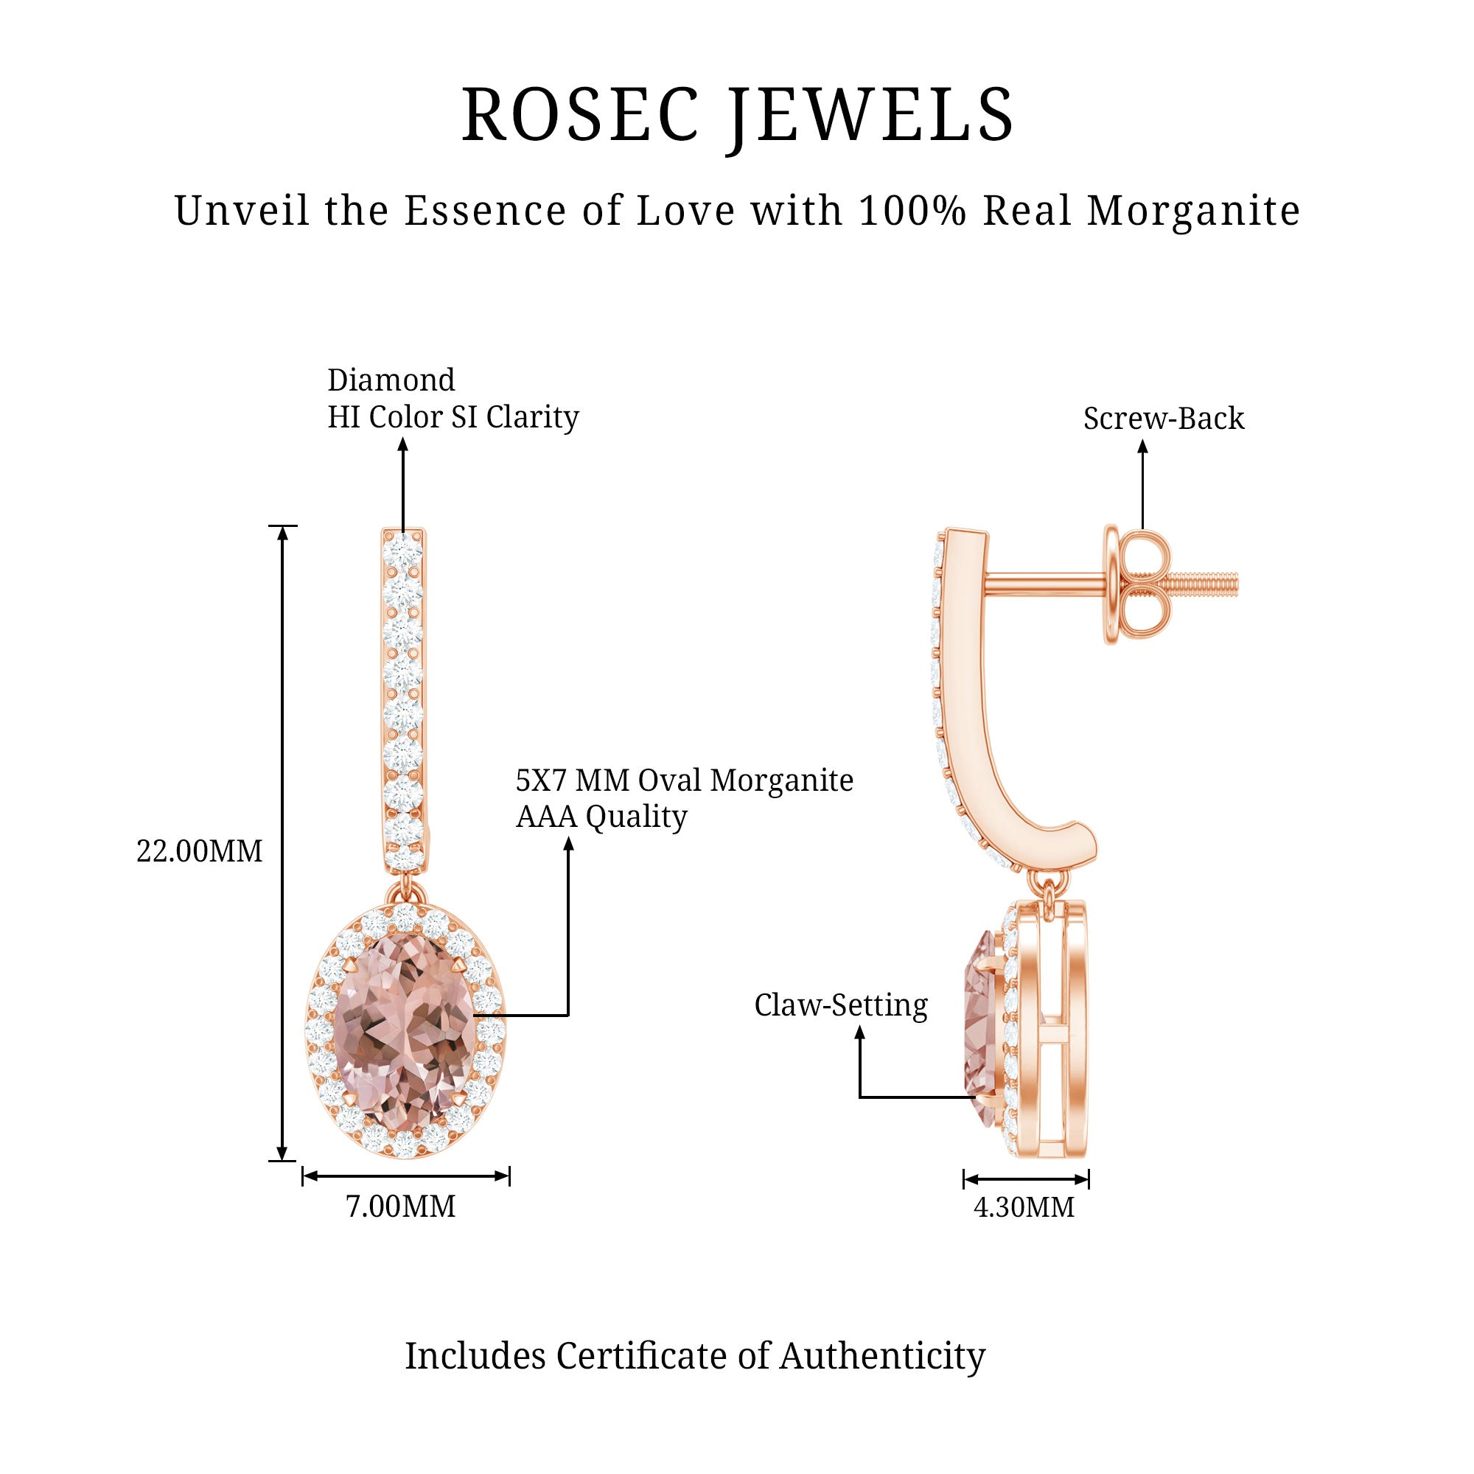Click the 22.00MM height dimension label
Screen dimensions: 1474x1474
point(199,850)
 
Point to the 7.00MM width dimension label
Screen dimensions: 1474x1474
point(400,1206)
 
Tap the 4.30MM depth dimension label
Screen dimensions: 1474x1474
point(1024,1207)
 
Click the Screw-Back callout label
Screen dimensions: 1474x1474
point(1164,418)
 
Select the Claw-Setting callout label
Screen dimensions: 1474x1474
point(841,1005)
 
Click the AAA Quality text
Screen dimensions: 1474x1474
point(601,817)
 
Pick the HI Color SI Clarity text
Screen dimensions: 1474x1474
point(453,416)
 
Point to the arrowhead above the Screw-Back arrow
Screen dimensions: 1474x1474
point(1142,448)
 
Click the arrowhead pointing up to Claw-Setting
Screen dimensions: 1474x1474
point(860,1033)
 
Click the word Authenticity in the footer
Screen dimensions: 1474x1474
point(882,1356)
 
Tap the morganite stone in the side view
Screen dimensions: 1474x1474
point(980,1022)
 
